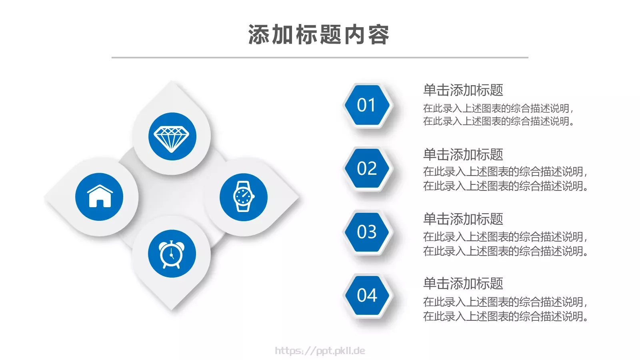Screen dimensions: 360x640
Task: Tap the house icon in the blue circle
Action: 100,197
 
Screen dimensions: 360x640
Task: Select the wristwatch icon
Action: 243,197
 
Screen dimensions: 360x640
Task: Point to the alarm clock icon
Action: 172,254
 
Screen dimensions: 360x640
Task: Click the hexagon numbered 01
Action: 367,105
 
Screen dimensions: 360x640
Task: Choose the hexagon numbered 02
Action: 367,168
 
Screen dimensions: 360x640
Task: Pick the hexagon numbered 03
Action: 367,232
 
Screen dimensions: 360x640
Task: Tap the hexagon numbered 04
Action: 367,296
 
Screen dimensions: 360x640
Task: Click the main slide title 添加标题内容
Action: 318,35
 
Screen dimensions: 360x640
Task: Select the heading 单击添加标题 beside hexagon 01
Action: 463,90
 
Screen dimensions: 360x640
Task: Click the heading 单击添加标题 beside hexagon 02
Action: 463,154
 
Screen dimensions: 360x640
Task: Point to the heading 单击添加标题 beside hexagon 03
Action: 463,219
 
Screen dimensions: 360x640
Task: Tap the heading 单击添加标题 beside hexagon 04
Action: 463,283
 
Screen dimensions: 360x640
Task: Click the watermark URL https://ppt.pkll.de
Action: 320,351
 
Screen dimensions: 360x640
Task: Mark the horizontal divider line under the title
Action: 320,58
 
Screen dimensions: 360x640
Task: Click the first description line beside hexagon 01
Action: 498,108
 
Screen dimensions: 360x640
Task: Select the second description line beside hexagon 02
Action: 505,186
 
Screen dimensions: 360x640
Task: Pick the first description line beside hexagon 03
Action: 505,237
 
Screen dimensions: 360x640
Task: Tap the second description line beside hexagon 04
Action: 505,316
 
